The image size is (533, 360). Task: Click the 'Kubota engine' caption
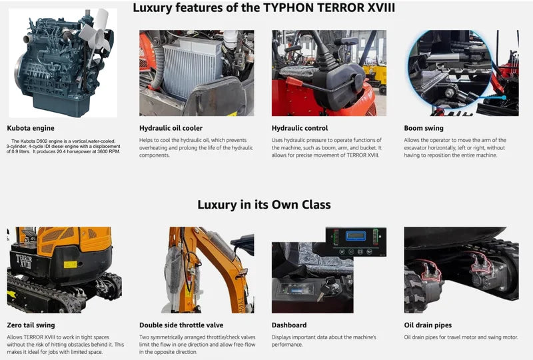tap(31, 128)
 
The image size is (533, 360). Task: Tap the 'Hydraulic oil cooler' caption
tap(171, 128)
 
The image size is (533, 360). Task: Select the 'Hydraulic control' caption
tap(300, 128)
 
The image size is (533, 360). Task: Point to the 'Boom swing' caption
tap(424, 128)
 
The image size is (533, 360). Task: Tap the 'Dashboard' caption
tap(289, 325)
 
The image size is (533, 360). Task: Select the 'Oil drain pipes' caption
tap(428, 325)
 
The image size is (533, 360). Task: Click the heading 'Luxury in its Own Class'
tap(264, 204)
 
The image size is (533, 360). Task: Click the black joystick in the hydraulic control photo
tap(320, 47)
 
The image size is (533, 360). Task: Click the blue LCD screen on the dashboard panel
tap(356, 236)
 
